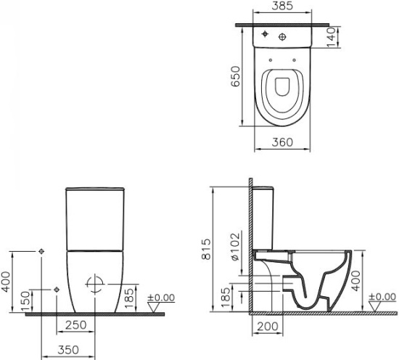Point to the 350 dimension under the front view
(68, 350)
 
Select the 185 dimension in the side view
(226, 296)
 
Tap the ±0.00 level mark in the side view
(382, 298)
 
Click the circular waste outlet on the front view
(94, 283)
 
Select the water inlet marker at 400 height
(41, 250)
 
